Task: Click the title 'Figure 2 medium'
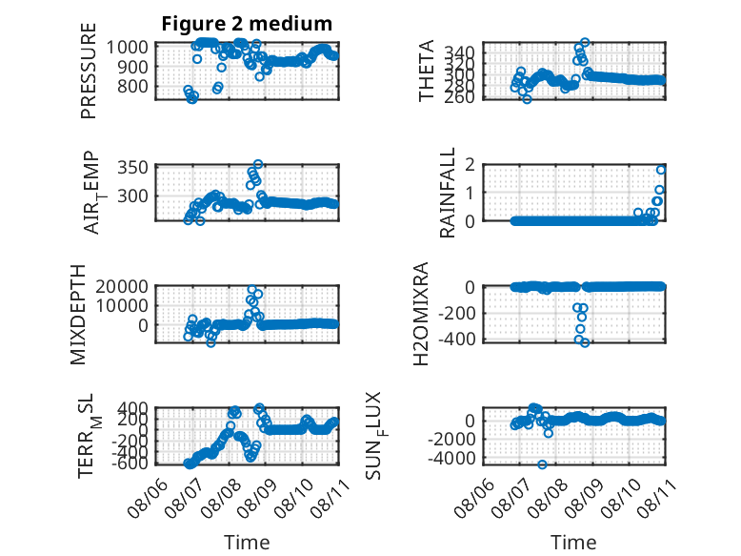tap(247, 24)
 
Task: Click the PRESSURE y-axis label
tap(89, 71)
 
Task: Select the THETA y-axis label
tap(427, 71)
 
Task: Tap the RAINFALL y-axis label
tap(447, 192)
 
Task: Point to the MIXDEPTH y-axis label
tap(78, 315)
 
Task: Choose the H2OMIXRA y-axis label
tap(421, 313)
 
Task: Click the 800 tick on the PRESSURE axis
tap(132, 87)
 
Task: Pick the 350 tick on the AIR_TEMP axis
tap(132, 168)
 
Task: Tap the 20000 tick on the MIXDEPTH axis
tap(122, 286)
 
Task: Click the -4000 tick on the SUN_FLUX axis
tap(451, 459)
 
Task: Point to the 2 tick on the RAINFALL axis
tap(470, 165)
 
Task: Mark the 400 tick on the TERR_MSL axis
tap(132, 407)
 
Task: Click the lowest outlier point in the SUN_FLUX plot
tap(542, 464)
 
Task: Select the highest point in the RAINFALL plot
tap(661, 170)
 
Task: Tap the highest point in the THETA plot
tap(585, 42)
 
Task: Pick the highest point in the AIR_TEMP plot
tap(257, 164)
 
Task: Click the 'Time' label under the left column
tap(247, 543)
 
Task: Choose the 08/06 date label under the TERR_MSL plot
tap(149, 498)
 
